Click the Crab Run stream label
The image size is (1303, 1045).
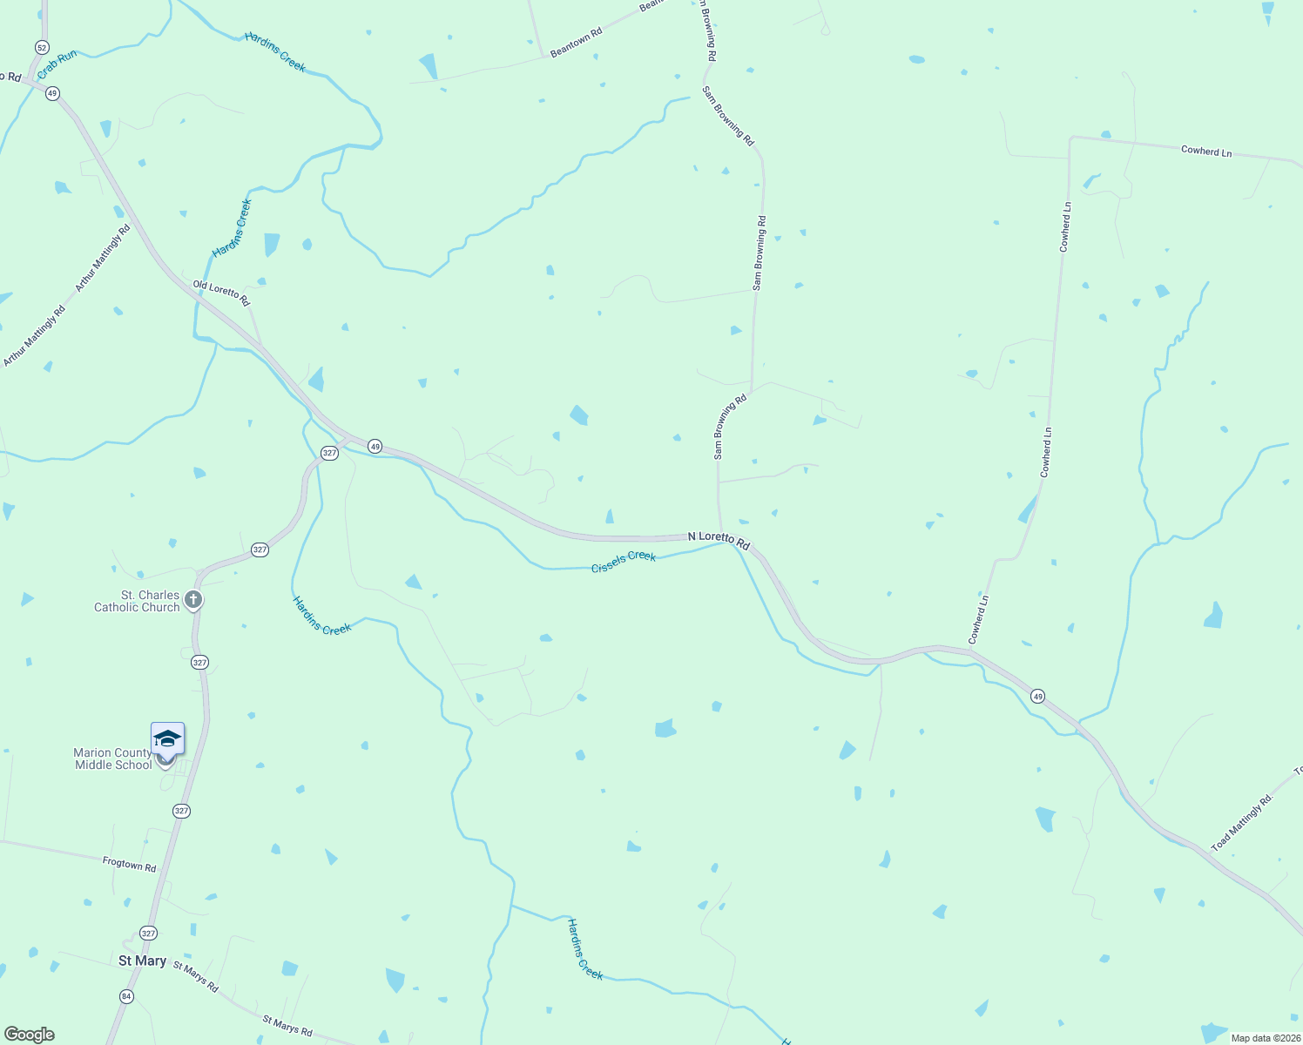(57, 64)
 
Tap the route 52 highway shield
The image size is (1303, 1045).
(43, 46)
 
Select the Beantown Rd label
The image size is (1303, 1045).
(576, 43)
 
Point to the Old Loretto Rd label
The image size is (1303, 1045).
(221, 293)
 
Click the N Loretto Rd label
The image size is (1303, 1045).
(719, 540)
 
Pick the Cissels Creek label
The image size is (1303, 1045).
(624, 562)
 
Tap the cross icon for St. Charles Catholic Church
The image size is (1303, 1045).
(193, 600)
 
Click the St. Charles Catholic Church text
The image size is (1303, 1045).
(137, 601)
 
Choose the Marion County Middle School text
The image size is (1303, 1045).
(112, 758)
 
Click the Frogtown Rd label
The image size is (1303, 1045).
(129, 865)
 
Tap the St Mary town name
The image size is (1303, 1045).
(142, 961)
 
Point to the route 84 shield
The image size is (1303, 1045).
(127, 996)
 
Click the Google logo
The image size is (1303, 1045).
(30, 1035)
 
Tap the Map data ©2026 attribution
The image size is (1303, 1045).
(1264, 1038)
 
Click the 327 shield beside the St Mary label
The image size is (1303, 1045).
(148, 934)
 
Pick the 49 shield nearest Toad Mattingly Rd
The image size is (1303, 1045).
(1037, 696)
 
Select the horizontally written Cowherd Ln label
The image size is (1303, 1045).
(1206, 151)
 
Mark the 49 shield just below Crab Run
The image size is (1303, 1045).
(52, 93)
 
